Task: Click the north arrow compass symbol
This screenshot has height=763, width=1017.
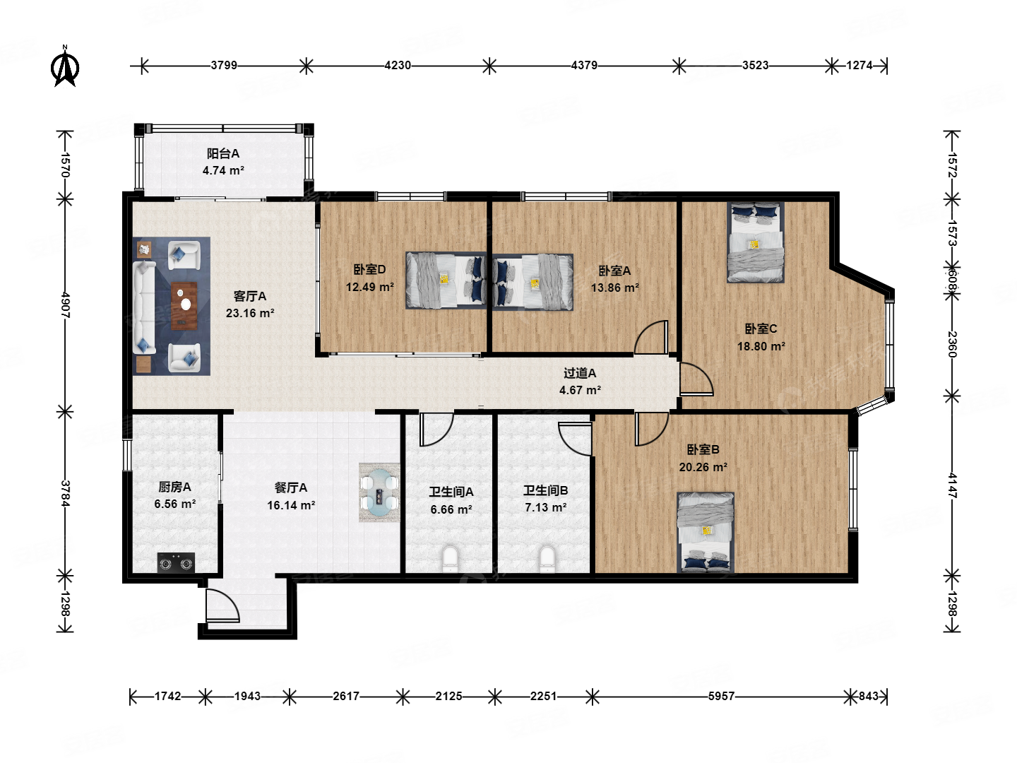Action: (65, 66)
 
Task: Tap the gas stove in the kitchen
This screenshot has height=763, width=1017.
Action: (176, 562)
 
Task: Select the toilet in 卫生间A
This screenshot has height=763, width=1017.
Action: (450, 558)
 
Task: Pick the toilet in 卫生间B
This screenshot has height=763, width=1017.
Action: (547, 558)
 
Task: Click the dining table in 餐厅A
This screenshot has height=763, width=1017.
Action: (379, 492)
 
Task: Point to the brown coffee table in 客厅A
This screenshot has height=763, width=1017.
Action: (184, 306)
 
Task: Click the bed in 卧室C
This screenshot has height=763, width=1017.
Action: (755, 242)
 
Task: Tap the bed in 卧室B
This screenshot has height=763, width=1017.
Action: (706, 532)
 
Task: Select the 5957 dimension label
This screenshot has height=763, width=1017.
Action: (721, 696)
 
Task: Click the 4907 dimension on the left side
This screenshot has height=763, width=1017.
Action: (66, 304)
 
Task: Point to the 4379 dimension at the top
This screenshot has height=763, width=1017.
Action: (584, 65)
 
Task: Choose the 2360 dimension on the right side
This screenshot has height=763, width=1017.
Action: (951, 344)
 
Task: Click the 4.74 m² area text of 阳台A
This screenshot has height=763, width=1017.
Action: (223, 170)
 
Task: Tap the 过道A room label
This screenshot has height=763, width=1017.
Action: (580, 373)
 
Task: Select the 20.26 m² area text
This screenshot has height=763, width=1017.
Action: (703, 467)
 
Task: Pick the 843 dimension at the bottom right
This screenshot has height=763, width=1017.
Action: (869, 696)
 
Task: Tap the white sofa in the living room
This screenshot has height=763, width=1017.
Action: (144, 307)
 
